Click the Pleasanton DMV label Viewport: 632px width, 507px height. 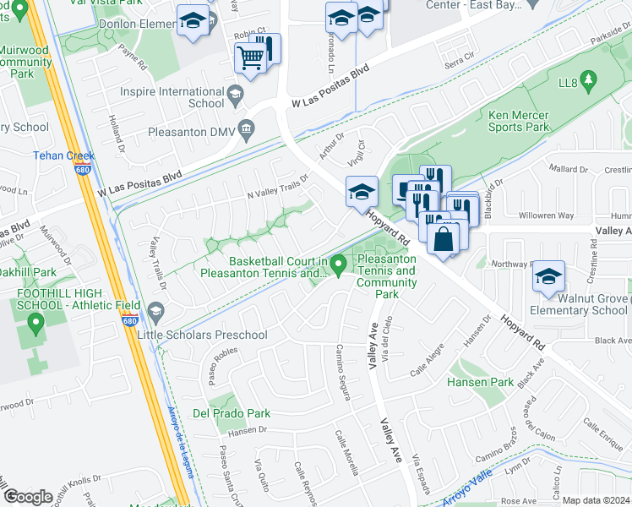(190, 133)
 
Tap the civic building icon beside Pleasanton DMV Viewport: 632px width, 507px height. (246, 129)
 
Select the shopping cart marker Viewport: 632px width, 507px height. (251, 59)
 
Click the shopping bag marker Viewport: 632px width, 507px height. (443, 238)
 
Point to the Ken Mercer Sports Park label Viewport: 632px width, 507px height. (519, 121)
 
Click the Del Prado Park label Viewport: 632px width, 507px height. (232, 413)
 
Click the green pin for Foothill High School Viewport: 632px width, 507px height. (35, 323)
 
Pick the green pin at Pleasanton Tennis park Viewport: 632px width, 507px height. (340, 265)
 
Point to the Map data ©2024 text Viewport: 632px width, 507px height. (595, 500)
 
